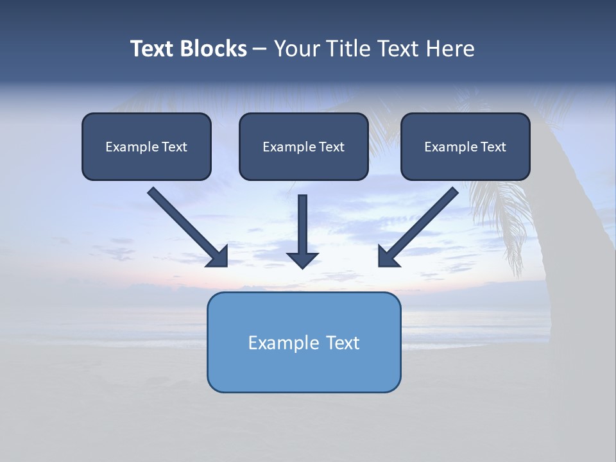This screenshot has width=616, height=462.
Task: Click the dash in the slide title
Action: (260, 49)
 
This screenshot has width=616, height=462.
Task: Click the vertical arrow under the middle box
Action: (303, 225)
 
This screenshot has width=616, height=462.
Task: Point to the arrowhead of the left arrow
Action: (218, 257)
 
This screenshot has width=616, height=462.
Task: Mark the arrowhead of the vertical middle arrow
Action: (303, 260)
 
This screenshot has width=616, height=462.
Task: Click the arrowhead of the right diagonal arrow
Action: (388, 257)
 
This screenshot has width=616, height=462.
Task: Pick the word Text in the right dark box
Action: (493, 147)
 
